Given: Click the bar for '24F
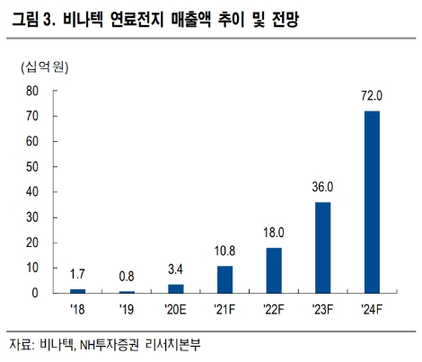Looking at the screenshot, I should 372,202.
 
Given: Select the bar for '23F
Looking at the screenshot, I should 323,248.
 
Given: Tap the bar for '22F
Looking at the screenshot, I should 275,270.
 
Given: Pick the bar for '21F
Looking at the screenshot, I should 225,279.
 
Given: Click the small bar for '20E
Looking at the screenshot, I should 177,288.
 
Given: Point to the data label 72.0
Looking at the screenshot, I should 372,95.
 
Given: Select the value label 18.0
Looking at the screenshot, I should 275,233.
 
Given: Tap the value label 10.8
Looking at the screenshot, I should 225,251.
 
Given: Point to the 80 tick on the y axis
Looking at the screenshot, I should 32,91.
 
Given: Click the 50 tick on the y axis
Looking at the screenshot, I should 32,167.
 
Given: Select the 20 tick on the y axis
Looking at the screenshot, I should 32,243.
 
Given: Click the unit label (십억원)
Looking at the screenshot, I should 45,66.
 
